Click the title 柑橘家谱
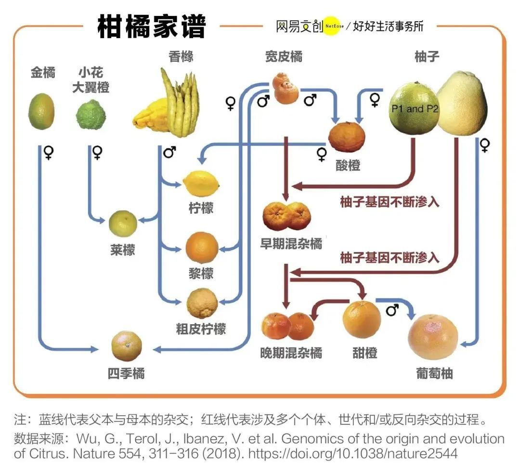[152, 26]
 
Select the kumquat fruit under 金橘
[42, 112]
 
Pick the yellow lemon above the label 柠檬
[201, 184]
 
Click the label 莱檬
[122, 250]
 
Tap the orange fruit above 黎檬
[202, 247]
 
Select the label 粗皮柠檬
[201, 329]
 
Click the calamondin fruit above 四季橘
[127, 346]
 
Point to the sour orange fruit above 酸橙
[347, 136]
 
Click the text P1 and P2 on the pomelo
[415, 109]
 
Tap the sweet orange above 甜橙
[362, 319]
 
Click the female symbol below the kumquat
[49, 153]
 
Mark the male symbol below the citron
[169, 153]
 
